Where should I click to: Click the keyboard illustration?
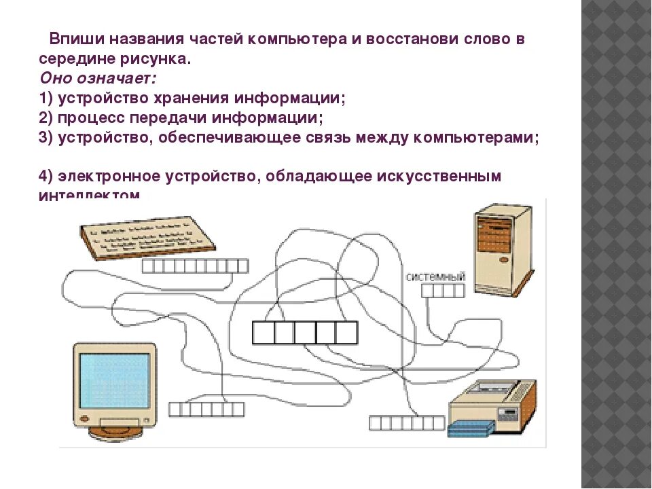pos(147,237)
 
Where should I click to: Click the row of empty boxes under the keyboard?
pos(195,266)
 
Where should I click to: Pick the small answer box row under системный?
pos(443,291)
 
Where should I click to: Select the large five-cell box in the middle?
pos(305,333)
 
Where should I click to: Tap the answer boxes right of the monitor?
pos(206,409)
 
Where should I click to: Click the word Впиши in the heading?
pos(73,39)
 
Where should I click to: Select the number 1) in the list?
pos(46,98)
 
